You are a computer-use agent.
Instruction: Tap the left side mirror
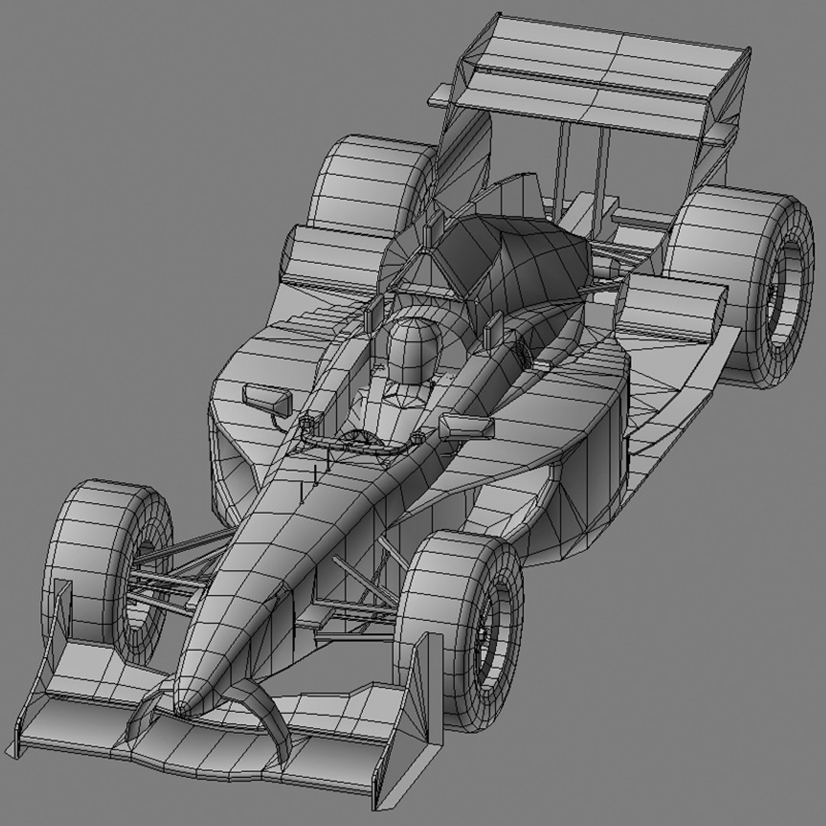pyautogui.click(x=267, y=398)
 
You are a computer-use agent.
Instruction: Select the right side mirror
pyautogui.click(x=466, y=425)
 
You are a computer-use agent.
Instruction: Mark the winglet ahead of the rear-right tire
pyautogui.click(x=673, y=310)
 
